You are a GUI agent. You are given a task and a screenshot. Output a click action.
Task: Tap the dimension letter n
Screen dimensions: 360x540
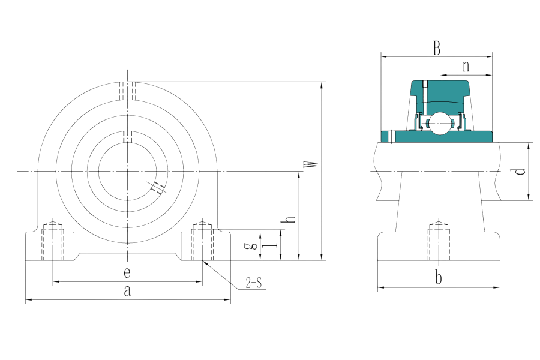click(x=465, y=66)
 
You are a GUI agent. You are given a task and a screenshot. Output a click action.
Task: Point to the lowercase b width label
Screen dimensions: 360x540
click(x=439, y=278)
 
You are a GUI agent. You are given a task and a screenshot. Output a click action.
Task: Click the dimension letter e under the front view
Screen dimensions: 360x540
click(x=127, y=273)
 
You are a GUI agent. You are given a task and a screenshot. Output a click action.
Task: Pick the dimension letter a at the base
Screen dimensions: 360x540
click(x=127, y=291)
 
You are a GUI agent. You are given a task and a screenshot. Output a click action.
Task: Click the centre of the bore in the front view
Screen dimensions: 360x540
click(x=127, y=172)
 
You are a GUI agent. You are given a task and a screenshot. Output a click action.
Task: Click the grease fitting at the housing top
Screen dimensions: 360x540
click(x=127, y=90)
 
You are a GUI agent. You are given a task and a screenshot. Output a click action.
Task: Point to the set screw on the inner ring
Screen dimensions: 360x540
click(x=127, y=136)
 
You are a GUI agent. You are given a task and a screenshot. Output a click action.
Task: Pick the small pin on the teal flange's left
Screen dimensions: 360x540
click(x=390, y=136)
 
